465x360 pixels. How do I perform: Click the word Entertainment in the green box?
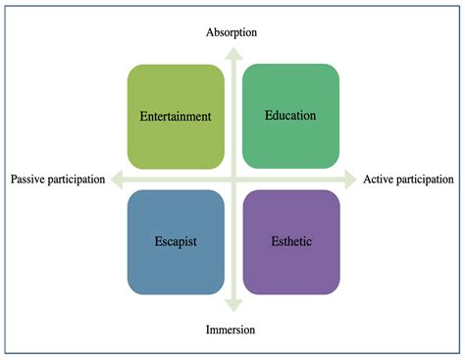pyautogui.click(x=176, y=117)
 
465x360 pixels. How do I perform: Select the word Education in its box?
pyautogui.click(x=290, y=116)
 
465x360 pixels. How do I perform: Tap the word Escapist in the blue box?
pyautogui.click(x=176, y=241)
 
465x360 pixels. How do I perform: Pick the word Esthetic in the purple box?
pyautogui.click(x=290, y=241)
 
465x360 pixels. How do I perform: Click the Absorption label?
pyautogui.click(x=232, y=32)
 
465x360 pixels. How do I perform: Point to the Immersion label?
pyautogui.click(x=232, y=330)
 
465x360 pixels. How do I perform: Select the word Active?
pyautogui.click(x=381, y=180)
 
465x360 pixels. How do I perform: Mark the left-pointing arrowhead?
pyautogui.click(x=116, y=180)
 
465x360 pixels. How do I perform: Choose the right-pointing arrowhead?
pyautogui.click(x=350, y=180)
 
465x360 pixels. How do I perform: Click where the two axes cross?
pyautogui.click(x=232, y=180)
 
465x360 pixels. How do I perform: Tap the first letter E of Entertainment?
pyautogui.click(x=143, y=117)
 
